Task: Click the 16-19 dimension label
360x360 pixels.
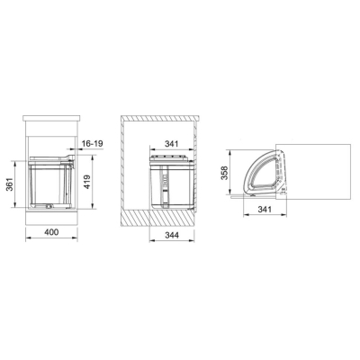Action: (93, 144)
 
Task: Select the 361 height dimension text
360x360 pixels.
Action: (10, 184)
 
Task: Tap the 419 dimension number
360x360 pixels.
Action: (86, 182)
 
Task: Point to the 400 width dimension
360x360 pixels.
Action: (51, 232)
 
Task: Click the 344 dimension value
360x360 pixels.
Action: (172, 235)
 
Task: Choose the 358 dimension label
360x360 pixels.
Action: (225, 173)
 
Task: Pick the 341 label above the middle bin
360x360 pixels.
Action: (171, 144)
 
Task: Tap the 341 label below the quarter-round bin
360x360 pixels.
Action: (265, 209)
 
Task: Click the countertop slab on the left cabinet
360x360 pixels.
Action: (51, 117)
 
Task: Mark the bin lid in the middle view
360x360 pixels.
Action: (171, 159)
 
